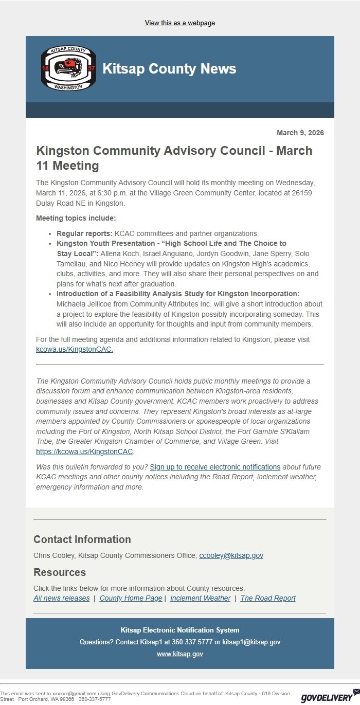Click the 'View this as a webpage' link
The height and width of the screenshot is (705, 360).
(x=179, y=23)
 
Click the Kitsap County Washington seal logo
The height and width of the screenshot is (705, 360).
(x=68, y=68)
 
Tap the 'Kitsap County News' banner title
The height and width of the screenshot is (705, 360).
(x=169, y=69)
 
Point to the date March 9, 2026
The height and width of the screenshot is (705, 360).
(x=300, y=133)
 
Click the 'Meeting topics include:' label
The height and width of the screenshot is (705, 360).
(x=76, y=218)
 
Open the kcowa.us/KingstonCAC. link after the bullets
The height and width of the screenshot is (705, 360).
(x=75, y=349)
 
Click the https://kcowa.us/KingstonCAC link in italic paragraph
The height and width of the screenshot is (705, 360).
(x=84, y=451)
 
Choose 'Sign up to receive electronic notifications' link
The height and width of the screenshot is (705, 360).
(x=215, y=467)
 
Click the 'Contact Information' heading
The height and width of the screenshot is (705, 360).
(x=82, y=539)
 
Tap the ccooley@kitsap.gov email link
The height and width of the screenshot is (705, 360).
(x=231, y=555)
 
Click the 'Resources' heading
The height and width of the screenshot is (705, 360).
(x=60, y=572)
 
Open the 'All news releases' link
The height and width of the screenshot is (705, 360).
(x=61, y=598)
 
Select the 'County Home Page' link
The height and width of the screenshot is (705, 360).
(x=131, y=598)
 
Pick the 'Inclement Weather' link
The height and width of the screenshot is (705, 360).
(x=200, y=598)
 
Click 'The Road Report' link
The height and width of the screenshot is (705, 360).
(x=268, y=598)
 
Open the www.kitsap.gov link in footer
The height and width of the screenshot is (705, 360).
(x=179, y=654)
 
